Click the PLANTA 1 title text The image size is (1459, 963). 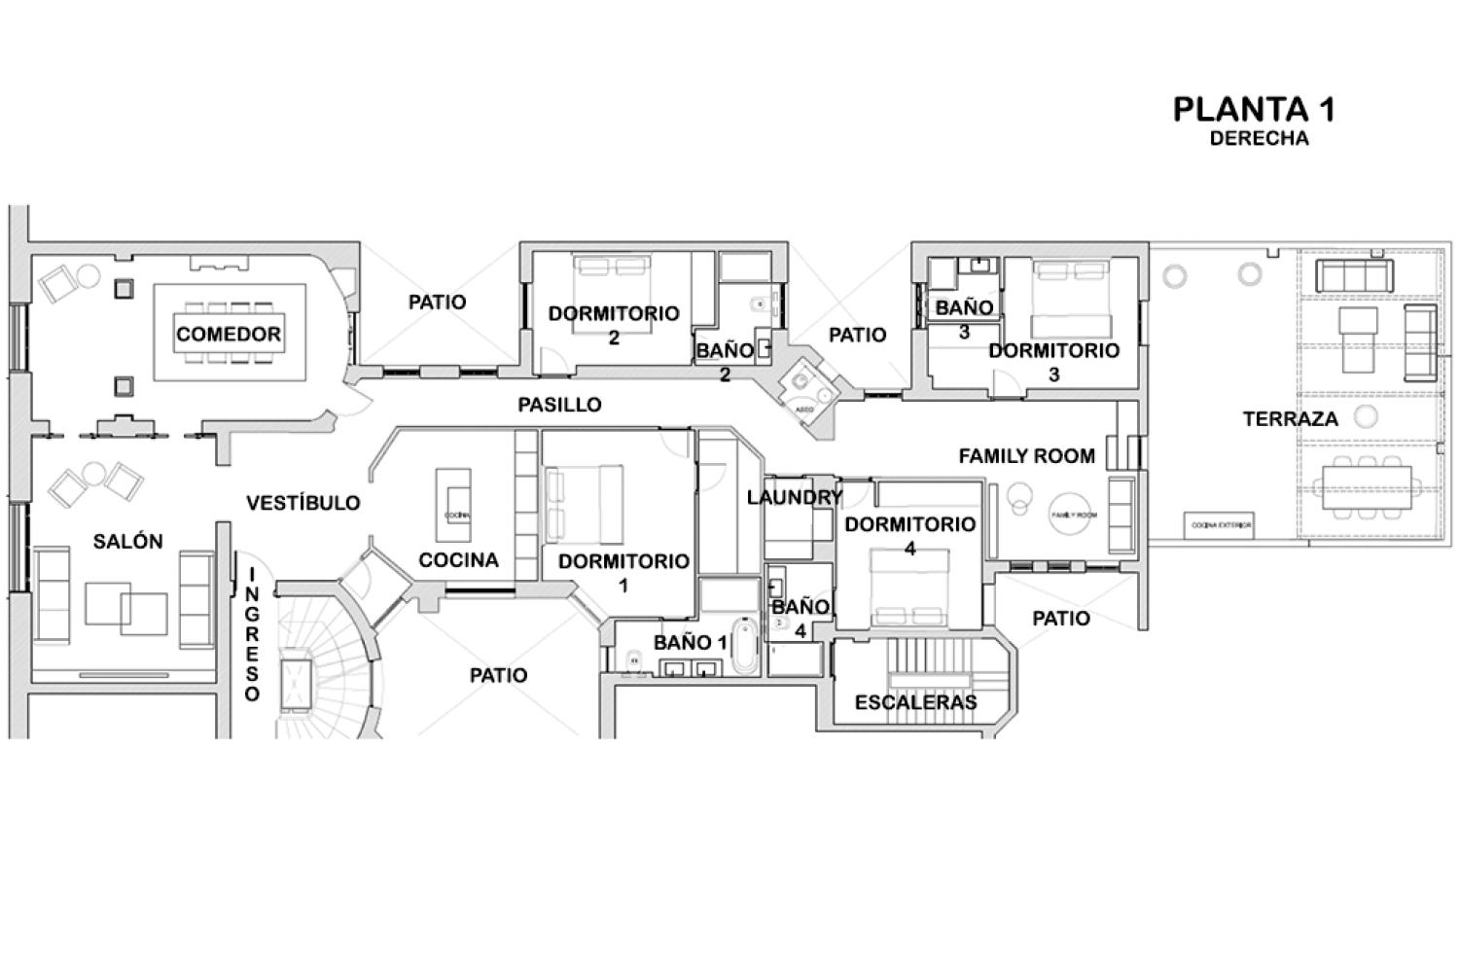coord(1253,109)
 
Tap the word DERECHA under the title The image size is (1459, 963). coord(1259,138)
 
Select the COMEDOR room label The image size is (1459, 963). coord(229,334)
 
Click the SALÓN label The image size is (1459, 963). coord(127,542)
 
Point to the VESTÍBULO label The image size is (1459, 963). coord(302,503)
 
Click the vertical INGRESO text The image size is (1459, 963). coord(252,634)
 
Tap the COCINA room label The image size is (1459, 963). coord(458,560)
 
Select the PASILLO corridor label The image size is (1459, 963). coord(559,405)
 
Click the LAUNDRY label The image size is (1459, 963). coord(794,497)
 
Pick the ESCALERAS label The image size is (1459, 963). coord(915,702)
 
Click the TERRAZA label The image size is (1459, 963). coord(1290,419)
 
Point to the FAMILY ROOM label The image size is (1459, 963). coord(1026,455)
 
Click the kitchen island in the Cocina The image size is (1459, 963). coord(454,507)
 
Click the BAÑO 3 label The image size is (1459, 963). coord(964,318)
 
